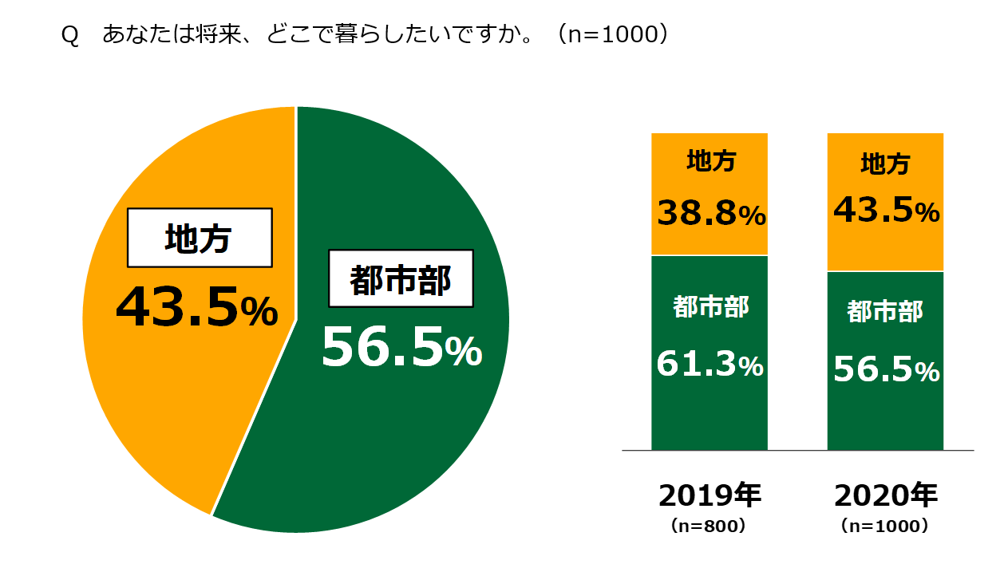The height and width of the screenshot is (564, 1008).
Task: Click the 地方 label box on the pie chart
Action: pos(199,238)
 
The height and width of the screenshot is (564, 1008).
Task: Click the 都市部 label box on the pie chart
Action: pos(401,278)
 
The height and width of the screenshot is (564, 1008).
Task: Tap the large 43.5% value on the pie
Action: pos(196,309)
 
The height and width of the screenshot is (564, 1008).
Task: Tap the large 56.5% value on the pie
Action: pos(401,349)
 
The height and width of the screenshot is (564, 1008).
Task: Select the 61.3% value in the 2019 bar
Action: pos(710,365)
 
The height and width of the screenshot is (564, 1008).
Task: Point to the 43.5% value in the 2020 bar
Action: pos(886,210)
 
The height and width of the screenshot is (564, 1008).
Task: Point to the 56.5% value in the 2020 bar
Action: pos(886,369)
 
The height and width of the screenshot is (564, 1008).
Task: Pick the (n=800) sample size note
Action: pos(710,527)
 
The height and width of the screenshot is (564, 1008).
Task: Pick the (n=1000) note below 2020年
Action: pos(885,527)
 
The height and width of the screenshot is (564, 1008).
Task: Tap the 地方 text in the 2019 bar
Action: pos(710,162)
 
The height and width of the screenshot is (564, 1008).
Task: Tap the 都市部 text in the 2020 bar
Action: pos(885,311)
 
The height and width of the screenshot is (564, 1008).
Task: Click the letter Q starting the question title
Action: pos(69,37)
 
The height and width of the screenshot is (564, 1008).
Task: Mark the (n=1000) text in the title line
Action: pos(612,36)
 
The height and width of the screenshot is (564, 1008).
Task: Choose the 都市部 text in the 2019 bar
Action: pos(710,306)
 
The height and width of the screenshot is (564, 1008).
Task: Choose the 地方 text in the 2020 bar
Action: pos(885,164)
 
